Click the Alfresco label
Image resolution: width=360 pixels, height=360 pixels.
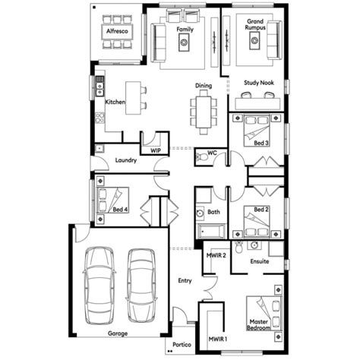[117, 31]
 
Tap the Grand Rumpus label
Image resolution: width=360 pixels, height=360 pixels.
[255, 24]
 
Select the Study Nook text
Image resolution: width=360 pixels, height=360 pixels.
[259, 83]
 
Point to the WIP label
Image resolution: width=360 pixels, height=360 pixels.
[156, 150]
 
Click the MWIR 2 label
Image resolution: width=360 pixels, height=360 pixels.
[216, 255]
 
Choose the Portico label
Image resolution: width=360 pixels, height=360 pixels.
[182, 345]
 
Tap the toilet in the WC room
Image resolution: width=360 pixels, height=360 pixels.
[202, 157]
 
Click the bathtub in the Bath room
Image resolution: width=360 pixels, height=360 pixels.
[212, 231]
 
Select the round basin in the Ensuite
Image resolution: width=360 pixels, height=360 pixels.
[254, 245]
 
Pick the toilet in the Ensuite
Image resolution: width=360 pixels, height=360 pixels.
[238, 247]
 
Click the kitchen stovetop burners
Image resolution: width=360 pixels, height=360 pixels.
[99, 118]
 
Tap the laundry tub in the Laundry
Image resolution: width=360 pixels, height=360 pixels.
[99, 148]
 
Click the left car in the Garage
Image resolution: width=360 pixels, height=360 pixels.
[99, 286]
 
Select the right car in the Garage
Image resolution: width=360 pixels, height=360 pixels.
[141, 286]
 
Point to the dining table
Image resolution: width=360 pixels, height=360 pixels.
[204, 112]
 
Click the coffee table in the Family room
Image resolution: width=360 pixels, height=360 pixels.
[184, 43]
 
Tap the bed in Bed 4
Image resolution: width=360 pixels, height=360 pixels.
[112, 200]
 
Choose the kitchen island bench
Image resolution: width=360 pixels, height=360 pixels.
[133, 98]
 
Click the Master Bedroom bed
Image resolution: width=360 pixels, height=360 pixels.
[264, 314]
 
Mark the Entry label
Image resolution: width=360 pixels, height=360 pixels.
[185, 280]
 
